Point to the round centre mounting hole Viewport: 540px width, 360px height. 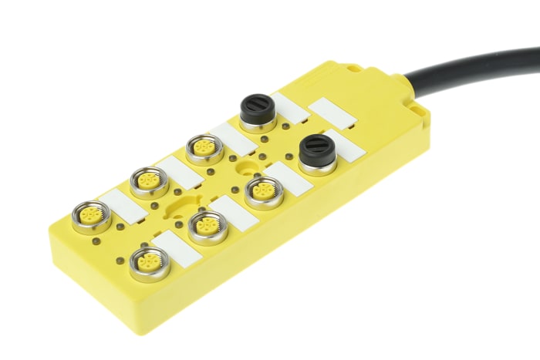tap(248, 166)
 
